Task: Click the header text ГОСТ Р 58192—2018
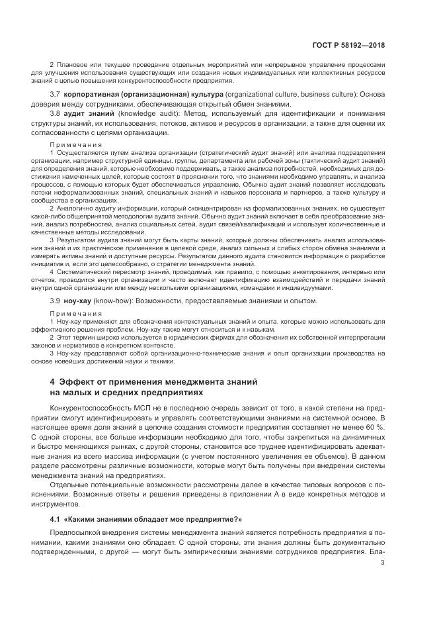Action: click(352, 45)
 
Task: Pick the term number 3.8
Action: click(56, 115)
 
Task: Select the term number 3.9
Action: click(56, 301)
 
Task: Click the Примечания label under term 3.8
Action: click(75, 144)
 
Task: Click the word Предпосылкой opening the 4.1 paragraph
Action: click(81, 534)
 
